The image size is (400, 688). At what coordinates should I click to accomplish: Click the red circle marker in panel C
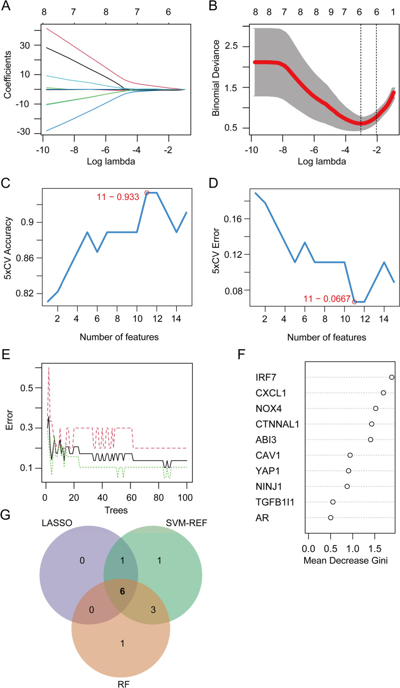[x=146, y=192]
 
